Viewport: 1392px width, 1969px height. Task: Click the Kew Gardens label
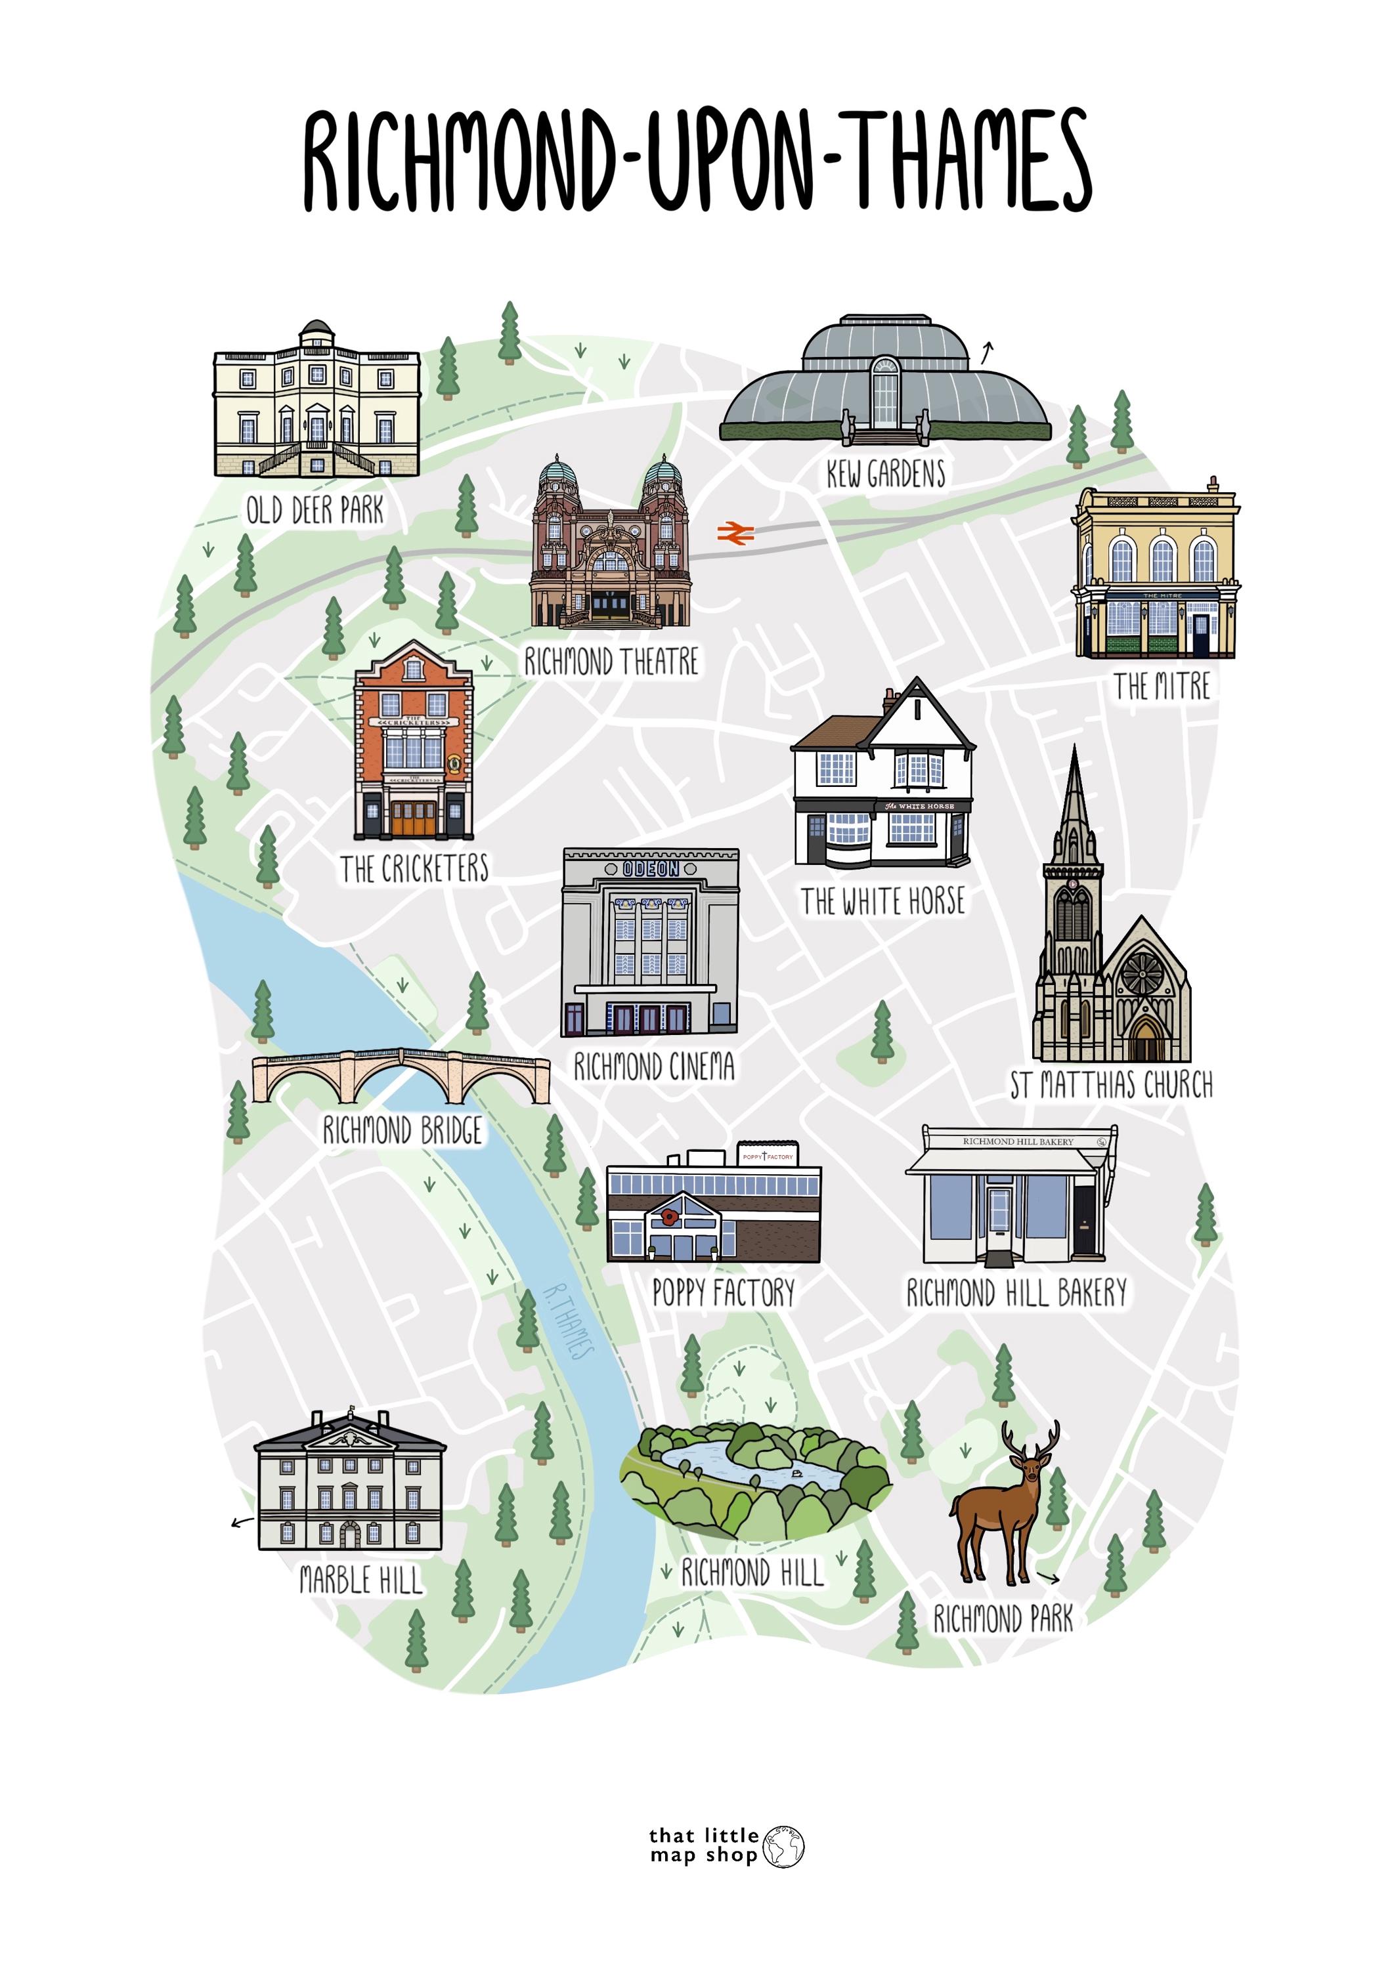tap(885, 473)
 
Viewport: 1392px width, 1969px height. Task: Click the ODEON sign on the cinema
tap(650, 869)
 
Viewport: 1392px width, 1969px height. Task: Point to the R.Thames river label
tap(569, 1322)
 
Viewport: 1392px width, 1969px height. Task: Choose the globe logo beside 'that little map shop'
tap(783, 1846)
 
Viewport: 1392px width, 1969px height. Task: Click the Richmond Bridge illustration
tap(401, 1074)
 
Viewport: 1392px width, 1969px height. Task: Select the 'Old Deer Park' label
tap(315, 510)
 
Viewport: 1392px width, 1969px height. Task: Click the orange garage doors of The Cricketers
tap(414, 818)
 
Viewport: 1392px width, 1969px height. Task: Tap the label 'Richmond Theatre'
tap(611, 661)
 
